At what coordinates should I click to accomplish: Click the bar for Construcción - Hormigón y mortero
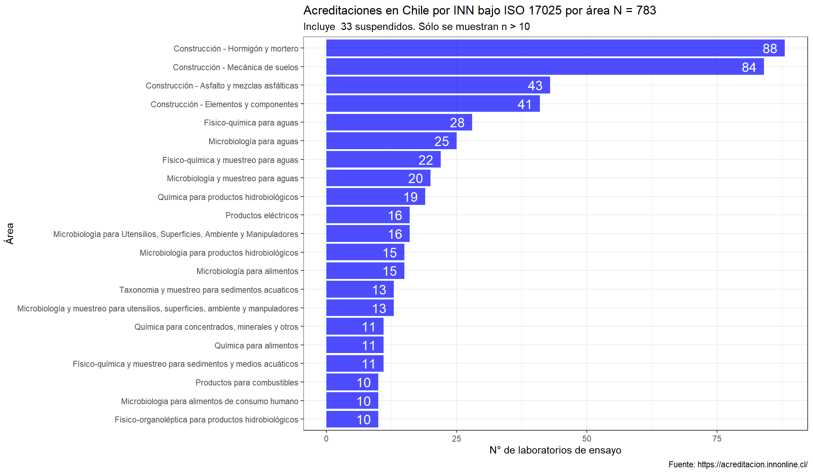pyautogui.click(x=555, y=48)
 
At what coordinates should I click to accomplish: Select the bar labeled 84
pyautogui.click(x=545, y=67)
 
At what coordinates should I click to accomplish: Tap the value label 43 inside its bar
pyautogui.click(x=535, y=86)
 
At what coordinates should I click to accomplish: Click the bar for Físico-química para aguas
pyautogui.click(x=399, y=122)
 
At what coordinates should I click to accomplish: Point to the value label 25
pyautogui.click(x=441, y=141)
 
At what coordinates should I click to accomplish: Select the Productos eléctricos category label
pyautogui.click(x=262, y=215)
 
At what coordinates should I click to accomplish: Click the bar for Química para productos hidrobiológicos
pyautogui.click(x=375, y=197)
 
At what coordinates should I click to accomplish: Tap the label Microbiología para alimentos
pyautogui.click(x=247, y=271)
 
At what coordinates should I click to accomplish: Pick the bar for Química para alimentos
pyautogui.click(x=355, y=345)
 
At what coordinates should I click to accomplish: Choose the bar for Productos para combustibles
pyautogui.click(x=352, y=382)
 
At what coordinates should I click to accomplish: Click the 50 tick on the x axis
pyautogui.click(x=586, y=439)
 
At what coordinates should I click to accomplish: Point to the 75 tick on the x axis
pyautogui.click(x=717, y=439)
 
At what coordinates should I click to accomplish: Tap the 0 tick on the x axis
pyautogui.click(x=326, y=439)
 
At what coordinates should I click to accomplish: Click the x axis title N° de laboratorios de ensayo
pyautogui.click(x=555, y=450)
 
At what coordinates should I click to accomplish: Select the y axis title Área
pyautogui.click(x=10, y=233)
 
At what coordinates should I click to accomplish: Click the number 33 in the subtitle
pyautogui.click(x=346, y=27)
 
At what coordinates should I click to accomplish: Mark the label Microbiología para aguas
pyautogui.click(x=253, y=141)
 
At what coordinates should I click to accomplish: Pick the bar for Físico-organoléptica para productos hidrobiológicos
pyautogui.click(x=352, y=419)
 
